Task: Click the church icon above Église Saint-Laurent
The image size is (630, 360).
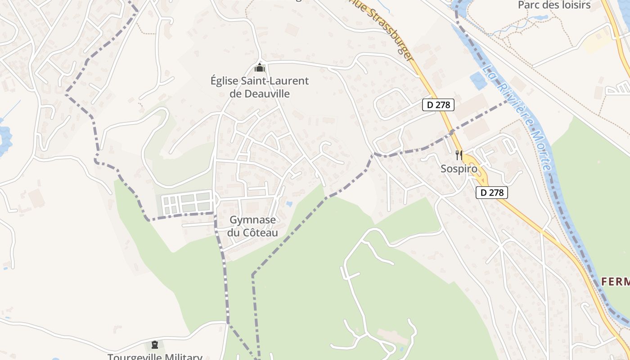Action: click(260, 68)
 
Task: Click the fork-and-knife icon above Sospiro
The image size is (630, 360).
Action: click(459, 155)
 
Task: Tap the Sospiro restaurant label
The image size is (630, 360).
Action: click(459, 169)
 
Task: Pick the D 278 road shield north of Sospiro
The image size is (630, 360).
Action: click(438, 105)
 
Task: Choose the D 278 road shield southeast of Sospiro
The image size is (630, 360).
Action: click(491, 193)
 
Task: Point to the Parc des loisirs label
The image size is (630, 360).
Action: click(553, 5)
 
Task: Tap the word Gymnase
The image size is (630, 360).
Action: click(252, 220)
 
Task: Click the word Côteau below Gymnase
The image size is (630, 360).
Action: click(259, 233)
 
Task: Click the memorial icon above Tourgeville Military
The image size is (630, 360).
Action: click(155, 345)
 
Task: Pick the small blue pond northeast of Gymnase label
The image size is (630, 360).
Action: click(288, 204)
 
